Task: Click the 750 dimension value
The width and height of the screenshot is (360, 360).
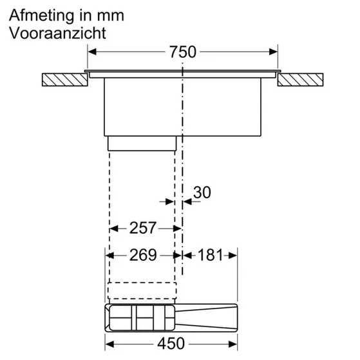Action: pos(183,52)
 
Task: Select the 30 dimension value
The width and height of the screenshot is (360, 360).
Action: pos(202,192)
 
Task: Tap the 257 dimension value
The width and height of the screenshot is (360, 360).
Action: pos(143,228)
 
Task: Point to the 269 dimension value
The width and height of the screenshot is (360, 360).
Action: pos(143,255)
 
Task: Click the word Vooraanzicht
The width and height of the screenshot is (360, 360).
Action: pos(58,33)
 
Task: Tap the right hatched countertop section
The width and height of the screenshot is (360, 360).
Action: pos(301,81)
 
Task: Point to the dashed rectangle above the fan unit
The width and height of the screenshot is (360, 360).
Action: pos(142,292)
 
